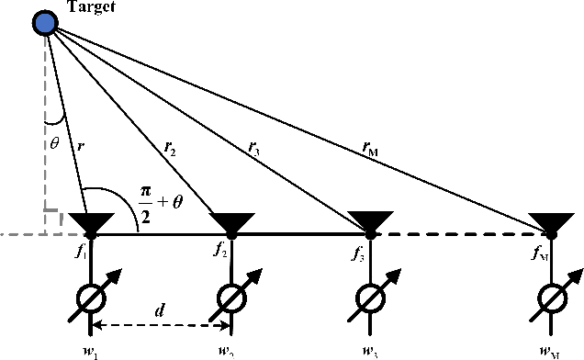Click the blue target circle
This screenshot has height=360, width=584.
pyautogui.click(x=43, y=23)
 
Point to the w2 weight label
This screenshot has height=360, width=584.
pyautogui.click(x=226, y=352)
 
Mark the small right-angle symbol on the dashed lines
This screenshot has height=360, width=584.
pyautogui.click(x=53, y=220)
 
